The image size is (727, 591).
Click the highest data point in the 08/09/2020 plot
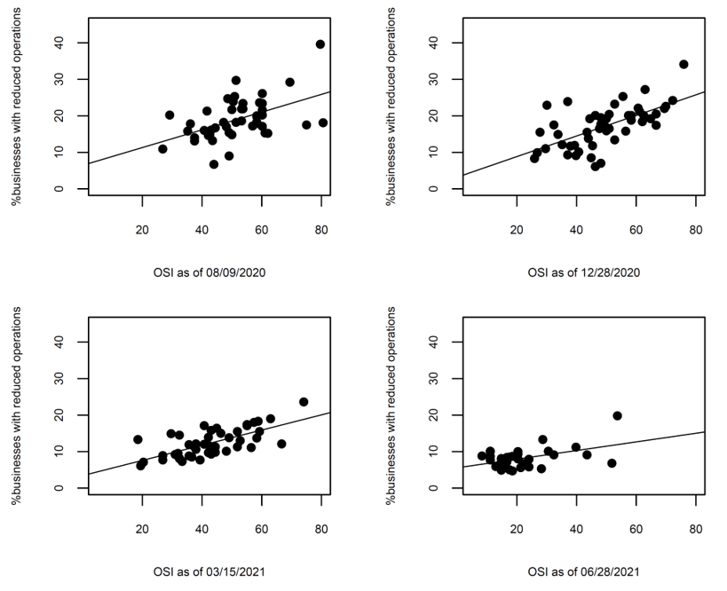(x=320, y=43)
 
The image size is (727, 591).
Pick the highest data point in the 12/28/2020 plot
(x=684, y=64)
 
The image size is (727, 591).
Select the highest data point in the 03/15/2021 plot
(x=304, y=402)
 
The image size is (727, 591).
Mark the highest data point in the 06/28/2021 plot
(x=618, y=415)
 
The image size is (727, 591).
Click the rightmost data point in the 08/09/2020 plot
(x=323, y=122)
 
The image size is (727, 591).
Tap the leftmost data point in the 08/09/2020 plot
(x=162, y=149)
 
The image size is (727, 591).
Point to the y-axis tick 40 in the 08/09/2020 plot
(x=57, y=43)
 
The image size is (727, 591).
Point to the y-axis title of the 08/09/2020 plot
(x=18, y=115)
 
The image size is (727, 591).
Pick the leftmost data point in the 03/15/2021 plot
(x=138, y=439)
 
